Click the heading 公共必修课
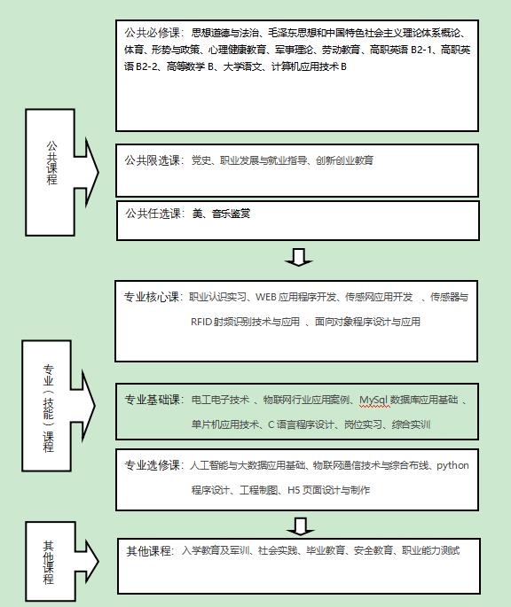[x=152, y=33]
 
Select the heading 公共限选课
[x=152, y=160]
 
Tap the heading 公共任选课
[x=153, y=214]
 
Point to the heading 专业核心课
[x=151, y=297]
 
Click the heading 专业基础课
[x=152, y=400]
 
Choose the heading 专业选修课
[x=152, y=465]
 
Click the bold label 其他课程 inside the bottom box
[x=148, y=550]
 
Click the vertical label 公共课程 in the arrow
[x=51, y=163]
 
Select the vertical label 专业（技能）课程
[x=48, y=409]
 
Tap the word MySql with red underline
[x=373, y=400]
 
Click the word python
[x=452, y=465]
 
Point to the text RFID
[x=200, y=322]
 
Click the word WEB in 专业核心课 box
[x=265, y=297]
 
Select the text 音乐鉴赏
[x=231, y=214]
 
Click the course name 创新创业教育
[x=344, y=160]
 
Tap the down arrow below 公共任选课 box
[x=299, y=257]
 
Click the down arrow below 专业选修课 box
[x=300, y=526]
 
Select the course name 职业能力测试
[x=430, y=550]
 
